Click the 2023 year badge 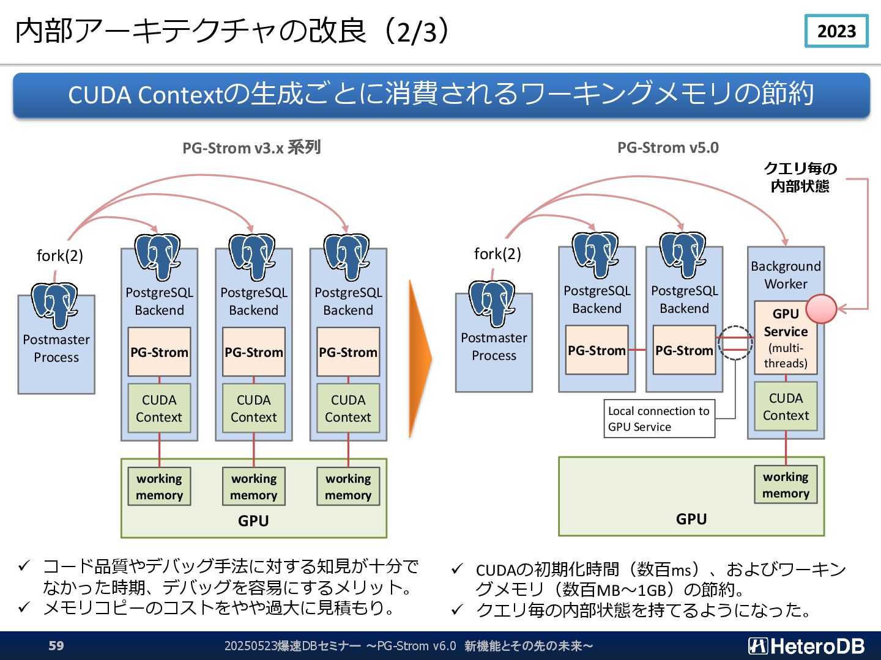click(836, 31)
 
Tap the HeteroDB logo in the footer click(806, 645)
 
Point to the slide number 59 click(56, 645)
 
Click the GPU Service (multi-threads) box click(786, 338)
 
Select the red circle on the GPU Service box click(821, 309)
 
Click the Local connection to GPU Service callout click(659, 419)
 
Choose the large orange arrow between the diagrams click(420, 358)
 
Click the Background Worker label click(786, 275)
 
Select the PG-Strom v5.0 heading click(668, 147)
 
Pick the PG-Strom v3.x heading click(251, 148)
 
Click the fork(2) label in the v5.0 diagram click(497, 254)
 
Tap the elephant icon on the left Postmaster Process click(54, 305)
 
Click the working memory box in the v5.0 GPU click(786, 485)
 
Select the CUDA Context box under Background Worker click(786, 406)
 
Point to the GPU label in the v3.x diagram click(253, 521)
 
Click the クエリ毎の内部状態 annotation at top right click(800, 177)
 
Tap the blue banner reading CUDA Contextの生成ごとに click(441, 95)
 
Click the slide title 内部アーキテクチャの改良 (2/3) click(232, 31)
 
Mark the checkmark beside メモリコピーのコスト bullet click(24, 608)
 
